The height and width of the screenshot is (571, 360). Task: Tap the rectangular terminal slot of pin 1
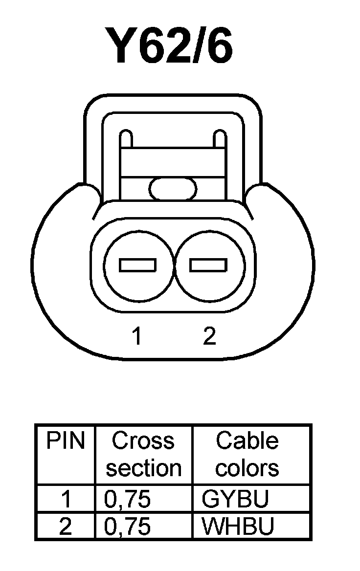(137, 265)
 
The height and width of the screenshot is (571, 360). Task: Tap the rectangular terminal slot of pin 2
(208, 265)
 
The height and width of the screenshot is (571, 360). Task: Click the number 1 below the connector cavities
(137, 336)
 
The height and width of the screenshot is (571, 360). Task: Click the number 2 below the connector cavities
(209, 336)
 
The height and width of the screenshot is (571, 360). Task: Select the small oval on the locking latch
(173, 189)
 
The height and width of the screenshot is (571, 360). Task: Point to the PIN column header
(66, 441)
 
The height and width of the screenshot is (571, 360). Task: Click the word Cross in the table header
(143, 441)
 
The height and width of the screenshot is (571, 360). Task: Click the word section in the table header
(144, 468)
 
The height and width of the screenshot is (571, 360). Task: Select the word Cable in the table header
(247, 441)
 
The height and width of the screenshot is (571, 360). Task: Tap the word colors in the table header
(247, 468)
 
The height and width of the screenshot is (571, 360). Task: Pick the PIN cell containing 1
(66, 499)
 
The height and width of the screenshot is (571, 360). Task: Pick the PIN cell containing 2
(66, 527)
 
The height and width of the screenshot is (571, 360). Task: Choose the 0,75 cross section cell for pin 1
(128, 499)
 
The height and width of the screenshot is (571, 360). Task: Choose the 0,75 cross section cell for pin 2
(128, 527)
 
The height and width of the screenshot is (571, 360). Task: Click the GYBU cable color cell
(235, 499)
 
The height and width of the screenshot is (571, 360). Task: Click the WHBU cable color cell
(238, 527)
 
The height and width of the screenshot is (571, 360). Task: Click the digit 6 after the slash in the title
(214, 47)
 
